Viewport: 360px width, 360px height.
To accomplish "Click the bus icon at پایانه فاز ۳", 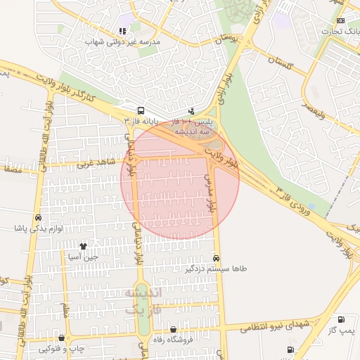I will (x=141, y=111).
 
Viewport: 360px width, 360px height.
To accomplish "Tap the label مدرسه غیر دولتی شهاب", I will (x=124, y=42).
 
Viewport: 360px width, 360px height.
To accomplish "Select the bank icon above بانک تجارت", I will (x=340, y=20).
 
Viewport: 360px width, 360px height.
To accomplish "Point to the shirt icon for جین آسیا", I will (x=84, y=246).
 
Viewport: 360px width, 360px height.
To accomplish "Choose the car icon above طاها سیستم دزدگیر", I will (x=216, y=258).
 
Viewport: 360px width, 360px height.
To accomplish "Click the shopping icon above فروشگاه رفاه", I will (x=174, y=330).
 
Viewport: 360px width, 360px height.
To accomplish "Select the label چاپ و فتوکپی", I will (x=63, y=349).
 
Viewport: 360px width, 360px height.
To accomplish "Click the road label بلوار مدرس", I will (x=210, y=194).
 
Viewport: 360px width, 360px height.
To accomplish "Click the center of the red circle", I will (x=180, y=180).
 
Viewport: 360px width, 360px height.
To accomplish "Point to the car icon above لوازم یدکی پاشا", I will (x=38, y=218).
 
